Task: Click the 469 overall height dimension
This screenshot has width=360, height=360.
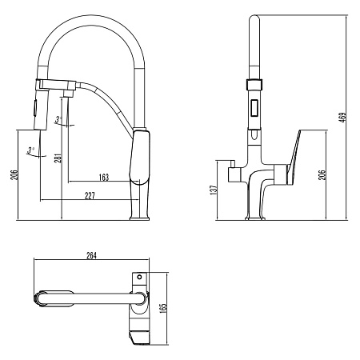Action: [342, 118]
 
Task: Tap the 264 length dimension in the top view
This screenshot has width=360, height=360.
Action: [90, 256]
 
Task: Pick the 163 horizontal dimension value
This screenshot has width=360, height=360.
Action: [103, 177]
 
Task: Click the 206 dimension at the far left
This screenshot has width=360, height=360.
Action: [14, 176]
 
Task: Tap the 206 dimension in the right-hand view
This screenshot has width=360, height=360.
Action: [322, 176]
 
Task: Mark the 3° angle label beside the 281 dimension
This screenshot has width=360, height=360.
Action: [58, 120]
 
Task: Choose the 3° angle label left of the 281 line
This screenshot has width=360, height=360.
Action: [30, 150]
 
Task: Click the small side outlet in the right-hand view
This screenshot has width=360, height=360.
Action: [234, 172]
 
